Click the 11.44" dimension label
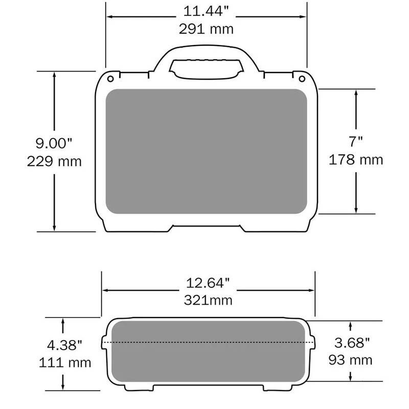click(206, 11)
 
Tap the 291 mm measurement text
click(206, 29)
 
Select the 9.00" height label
click(54, 143)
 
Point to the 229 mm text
click(54, 162)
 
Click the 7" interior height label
click(356, 142)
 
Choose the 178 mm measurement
click(356, 160)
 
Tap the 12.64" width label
click(208, 283)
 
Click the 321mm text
click(208, 300)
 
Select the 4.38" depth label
click(64, 345)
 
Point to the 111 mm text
click(65, 363)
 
